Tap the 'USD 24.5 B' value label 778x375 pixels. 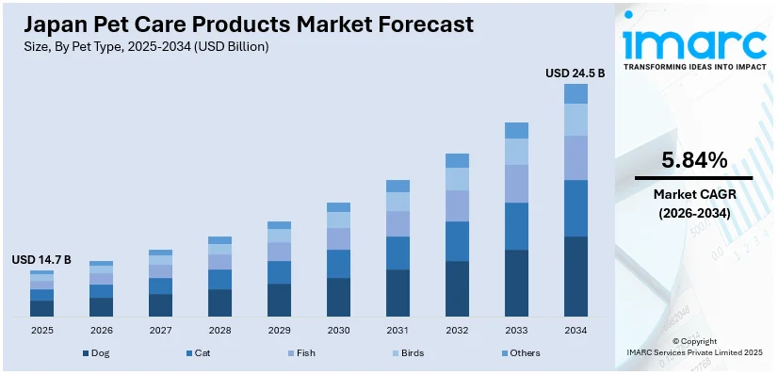coord(575,72)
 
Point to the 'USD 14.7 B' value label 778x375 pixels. coord(41,259)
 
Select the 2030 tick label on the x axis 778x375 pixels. coord(338,330)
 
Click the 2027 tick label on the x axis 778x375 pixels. coord(160,330)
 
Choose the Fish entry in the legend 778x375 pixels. coord(302,352)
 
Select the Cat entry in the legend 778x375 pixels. coord(199,352)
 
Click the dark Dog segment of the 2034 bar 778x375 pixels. coord(575,276)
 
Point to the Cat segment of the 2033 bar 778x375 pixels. coord(516,226)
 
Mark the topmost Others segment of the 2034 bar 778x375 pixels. coord(575,93)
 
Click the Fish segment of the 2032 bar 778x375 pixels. coord(457,205)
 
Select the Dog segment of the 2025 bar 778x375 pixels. coord(41,308)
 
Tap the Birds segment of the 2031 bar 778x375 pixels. coord(397,202)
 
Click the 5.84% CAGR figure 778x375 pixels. coord(693,161)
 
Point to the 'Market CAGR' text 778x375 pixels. coord(693,194)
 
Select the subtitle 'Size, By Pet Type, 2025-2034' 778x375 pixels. coord(141,46)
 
